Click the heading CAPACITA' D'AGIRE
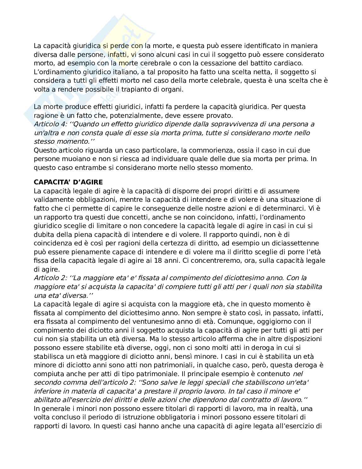click(x=68, y=182)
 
